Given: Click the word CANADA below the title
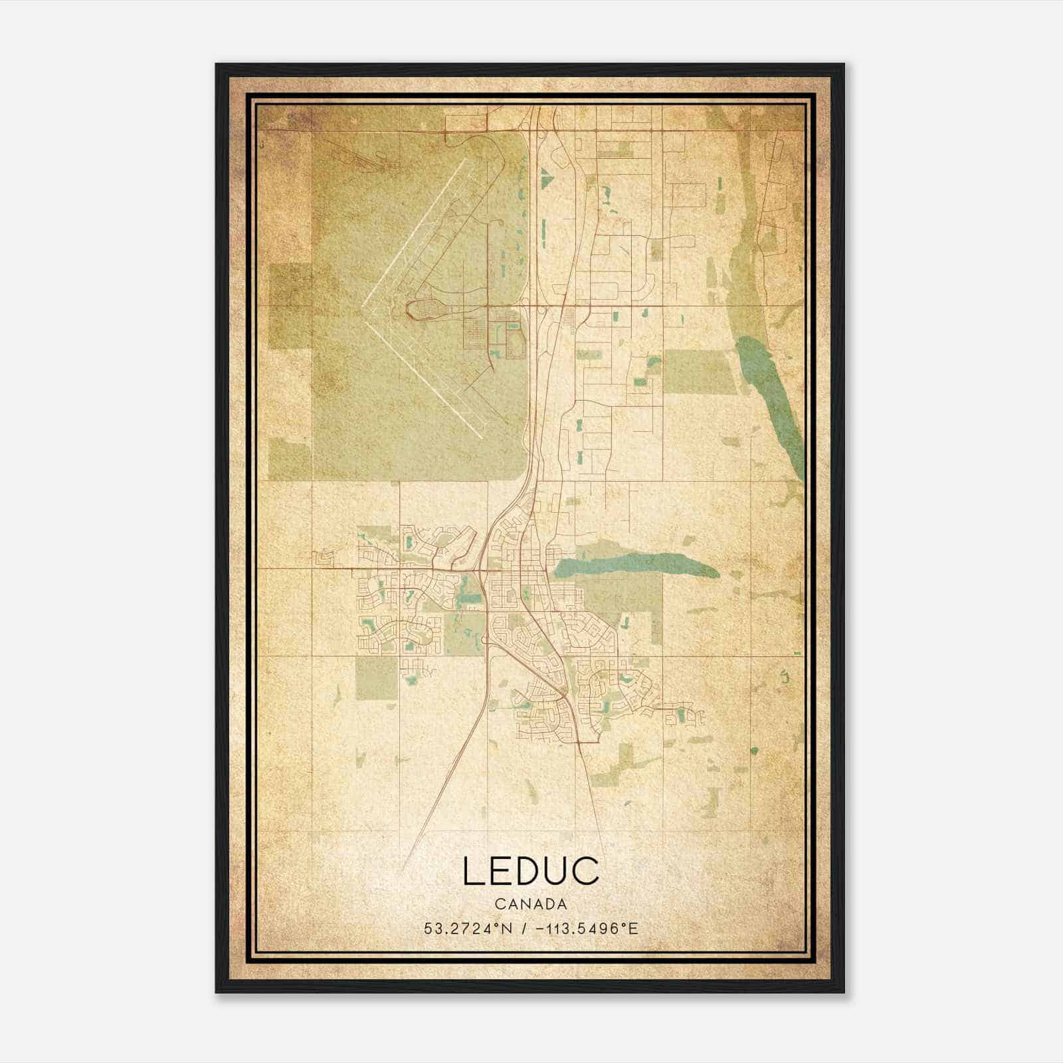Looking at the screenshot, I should point(531,904).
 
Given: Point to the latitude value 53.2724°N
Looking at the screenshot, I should point(468,929).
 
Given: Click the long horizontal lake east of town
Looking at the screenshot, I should point(631,565).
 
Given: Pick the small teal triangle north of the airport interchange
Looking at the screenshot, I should point(545,177).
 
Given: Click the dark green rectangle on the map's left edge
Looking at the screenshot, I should point(290,306).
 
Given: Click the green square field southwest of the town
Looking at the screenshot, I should point(376,679).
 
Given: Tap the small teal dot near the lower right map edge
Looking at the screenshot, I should point(754,751).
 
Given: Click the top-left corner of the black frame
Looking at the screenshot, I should point(217,64).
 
